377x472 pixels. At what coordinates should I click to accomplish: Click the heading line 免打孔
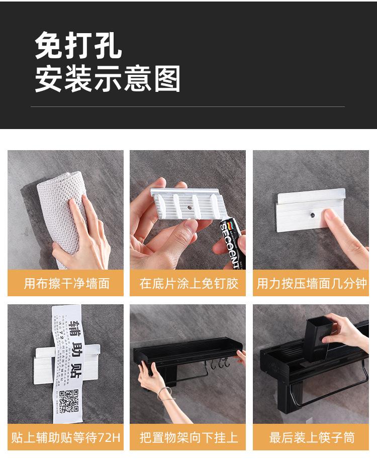pos(78,47)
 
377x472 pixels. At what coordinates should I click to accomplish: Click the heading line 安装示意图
pos(108,79)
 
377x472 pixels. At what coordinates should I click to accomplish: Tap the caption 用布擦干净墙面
pos(66,283)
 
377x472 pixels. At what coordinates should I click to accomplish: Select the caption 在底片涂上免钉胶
pos(189,283)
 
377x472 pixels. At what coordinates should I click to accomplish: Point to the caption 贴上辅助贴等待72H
pos(66,437)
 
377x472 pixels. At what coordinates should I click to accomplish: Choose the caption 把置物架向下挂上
pos(189,437)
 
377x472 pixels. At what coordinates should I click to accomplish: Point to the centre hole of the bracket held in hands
pos(190,206)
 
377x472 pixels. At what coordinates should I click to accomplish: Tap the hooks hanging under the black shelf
pos(220,362)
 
